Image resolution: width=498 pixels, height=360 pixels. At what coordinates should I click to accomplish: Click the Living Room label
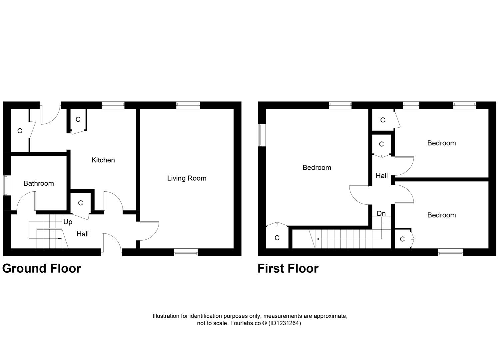coord(187,178)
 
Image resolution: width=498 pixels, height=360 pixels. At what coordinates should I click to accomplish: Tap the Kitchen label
coord(103,160)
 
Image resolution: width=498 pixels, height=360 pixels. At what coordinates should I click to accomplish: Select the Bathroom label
coord(39,183)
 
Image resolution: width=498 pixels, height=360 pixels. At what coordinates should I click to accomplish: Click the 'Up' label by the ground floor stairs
coord(68,222)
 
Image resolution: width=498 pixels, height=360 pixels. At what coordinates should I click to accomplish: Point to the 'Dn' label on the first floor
coord(381,213)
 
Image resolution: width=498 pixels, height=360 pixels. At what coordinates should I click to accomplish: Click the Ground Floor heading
coord(42,268)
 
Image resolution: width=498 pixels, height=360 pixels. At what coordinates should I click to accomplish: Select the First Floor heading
coord(288,268)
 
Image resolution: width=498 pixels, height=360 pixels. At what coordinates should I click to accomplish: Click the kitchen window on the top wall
coord(113,105)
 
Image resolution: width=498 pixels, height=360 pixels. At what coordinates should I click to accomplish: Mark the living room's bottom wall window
coord(186,253)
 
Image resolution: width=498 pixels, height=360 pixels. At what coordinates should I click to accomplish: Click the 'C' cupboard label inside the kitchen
coord(78,119)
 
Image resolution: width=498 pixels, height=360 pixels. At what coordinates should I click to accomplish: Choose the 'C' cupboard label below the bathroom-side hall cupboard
coord(80,203)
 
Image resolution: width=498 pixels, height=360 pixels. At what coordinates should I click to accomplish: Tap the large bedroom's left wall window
coord(262,135)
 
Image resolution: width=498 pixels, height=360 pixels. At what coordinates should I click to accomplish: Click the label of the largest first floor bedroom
coord(316,168)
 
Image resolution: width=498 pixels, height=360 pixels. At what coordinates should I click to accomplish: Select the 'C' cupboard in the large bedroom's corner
coord(276,238)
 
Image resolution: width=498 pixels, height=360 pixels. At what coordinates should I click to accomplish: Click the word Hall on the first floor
coord(381,176)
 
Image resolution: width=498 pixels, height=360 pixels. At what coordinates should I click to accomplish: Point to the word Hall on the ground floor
coord(83,234)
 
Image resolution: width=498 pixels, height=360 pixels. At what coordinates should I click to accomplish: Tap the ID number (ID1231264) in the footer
coord(284,323)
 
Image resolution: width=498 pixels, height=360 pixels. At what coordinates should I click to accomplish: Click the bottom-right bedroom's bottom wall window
coord(450,253)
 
